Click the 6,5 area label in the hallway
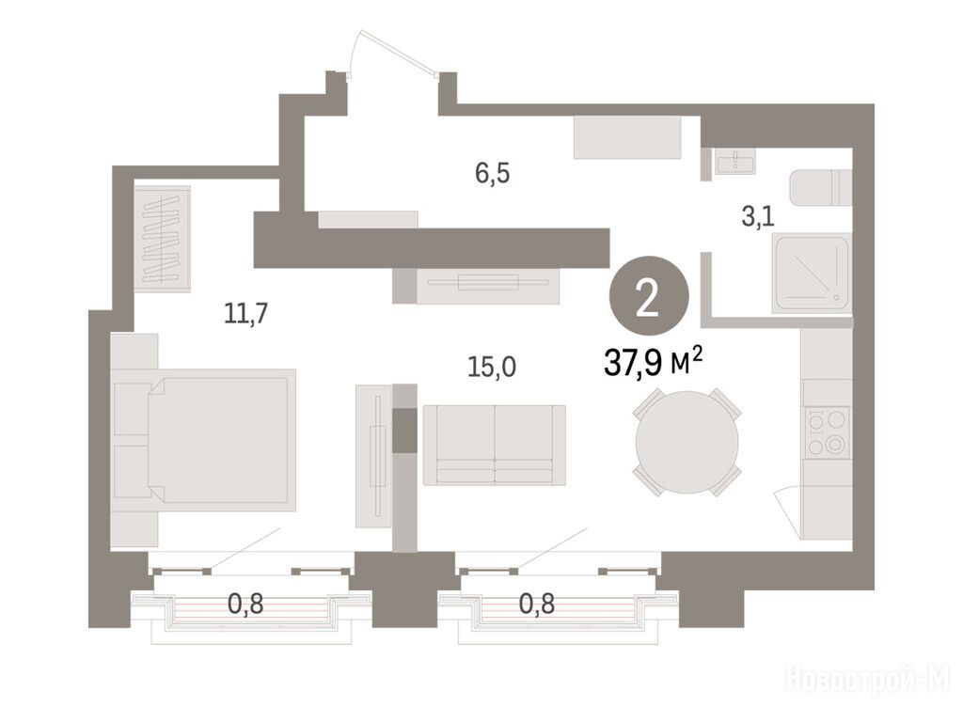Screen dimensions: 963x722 (x=492, y=174)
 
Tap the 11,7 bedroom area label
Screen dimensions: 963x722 (x=245, y=314)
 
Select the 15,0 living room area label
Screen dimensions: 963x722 (x=492, y=367)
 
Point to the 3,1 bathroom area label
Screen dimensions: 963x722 (x=758, y=216)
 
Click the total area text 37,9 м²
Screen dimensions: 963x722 (x=653, y=362)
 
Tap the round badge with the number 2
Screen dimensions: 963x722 (x=649, y=296)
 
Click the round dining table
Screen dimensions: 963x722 (x=687, y=442)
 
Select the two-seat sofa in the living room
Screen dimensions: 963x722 (x=495, y=445)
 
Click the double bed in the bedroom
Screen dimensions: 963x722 (x=204, y=440)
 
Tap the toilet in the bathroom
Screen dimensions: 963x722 (x=820, y=188)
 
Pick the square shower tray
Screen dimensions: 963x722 (x=812, y=274)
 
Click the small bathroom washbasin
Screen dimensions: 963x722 (x=735, y=161)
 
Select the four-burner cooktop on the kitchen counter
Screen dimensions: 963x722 (x=826, y=432)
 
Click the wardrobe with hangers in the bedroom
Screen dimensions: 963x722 (x=162, y=238)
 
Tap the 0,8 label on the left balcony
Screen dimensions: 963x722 (x=245, y=604)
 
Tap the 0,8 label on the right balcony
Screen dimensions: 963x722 (x=537, y=604)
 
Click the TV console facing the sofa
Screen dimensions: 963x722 (x=488, y=286)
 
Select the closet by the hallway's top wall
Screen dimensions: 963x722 (x=627, y=137)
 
